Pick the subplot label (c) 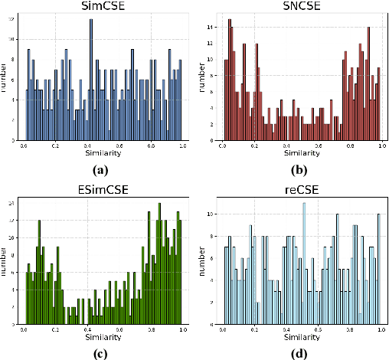click(98, 352)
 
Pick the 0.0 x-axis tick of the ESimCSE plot click(25, 327)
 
